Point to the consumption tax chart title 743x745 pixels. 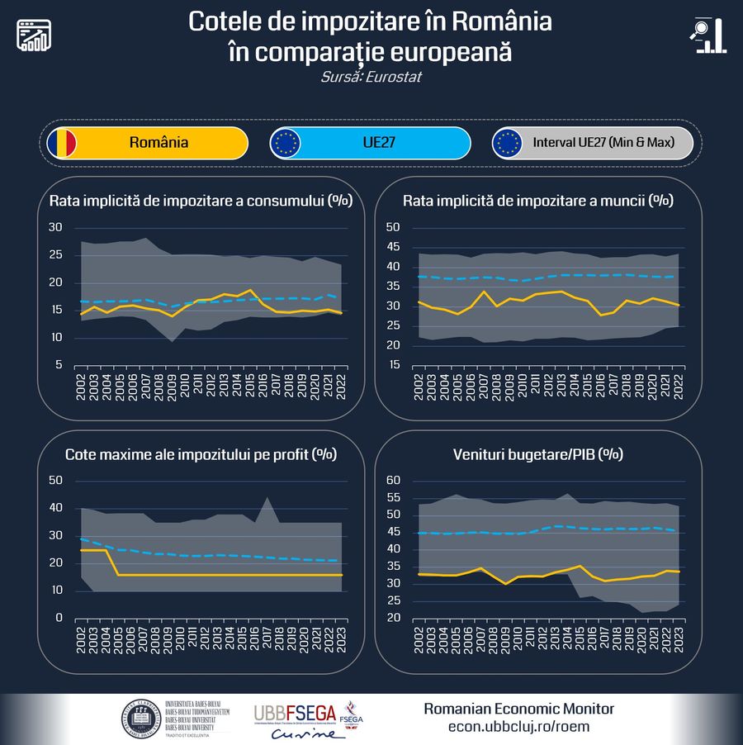(x=201, y=201)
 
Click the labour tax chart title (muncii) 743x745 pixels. (x=537, y=201)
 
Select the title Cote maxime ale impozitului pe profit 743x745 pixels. (x=201, y=453)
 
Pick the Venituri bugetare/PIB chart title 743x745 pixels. (x=537, y=453)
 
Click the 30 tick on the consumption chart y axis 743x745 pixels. (x=55, y=227)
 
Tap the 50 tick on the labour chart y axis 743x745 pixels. (x=393, y=227)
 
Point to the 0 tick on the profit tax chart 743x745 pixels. (x=59, y=618)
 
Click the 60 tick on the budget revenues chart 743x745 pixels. (x=393, y=481)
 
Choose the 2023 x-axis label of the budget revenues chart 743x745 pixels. (x=679, y=638)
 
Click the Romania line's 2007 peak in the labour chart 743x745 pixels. (x=484, y=292)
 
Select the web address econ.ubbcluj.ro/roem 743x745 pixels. (x=518, y=727)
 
